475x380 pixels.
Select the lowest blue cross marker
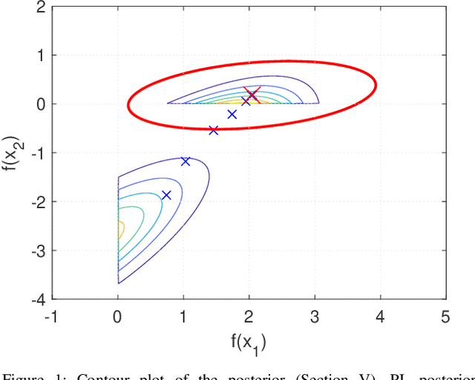pos(166,195)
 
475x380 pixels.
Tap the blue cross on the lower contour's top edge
pos(186,161)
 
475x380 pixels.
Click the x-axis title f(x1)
pos(249,342)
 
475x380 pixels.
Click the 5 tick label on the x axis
pos(445,317)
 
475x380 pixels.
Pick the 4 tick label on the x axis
pos(380,317)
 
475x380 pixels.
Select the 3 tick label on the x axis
pos(315,317)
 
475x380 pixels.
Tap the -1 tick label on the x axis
pos(50,317)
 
